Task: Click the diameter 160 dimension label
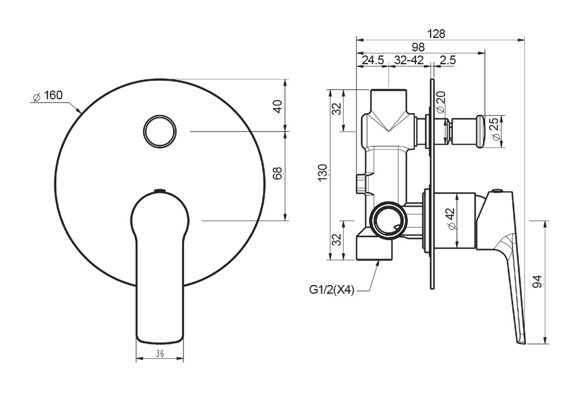tap(47, 96)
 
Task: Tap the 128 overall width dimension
tap(437, 34)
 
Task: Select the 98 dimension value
tap(418, 47)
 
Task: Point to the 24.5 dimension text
tap(373, 60)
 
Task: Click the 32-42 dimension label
tap(409, 60)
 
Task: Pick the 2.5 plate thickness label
tap(448, 60)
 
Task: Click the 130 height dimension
tap(323, 173)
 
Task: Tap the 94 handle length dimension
tap(537, 282)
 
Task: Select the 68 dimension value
tap(278, 173)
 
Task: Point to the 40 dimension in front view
tap(278, 106)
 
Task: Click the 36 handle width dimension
tap(160, 354)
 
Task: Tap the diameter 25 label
tap(495, 128)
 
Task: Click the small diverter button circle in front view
tap(160, 131)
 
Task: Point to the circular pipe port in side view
tap(389, 220)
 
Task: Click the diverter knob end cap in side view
tap(480, 131)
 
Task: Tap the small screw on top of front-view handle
tap(160, 190)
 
